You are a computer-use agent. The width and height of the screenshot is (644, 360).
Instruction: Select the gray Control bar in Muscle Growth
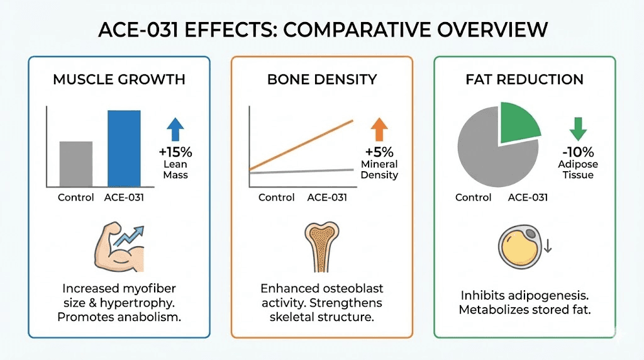click(x=76, y=164)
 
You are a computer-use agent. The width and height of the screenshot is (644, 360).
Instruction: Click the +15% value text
click(x=176, y=152)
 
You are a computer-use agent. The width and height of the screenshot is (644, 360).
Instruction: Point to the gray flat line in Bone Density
click(x=302, y=171)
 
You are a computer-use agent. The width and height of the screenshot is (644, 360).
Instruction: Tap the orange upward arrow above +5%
click(x=379, y=128)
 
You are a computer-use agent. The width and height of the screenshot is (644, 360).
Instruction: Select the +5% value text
click(x=379, y=152)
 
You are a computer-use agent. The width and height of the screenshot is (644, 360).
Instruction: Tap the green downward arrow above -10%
click(x=577, y=128)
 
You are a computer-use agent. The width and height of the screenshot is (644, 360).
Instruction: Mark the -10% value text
click(x=577, y=152)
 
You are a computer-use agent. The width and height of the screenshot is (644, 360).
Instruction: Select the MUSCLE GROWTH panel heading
click(x=119, y=80)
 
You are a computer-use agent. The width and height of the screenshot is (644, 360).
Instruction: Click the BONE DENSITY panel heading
click(x=321, y=80)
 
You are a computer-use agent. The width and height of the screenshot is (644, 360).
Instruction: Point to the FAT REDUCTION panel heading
click(x=525, y=80)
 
